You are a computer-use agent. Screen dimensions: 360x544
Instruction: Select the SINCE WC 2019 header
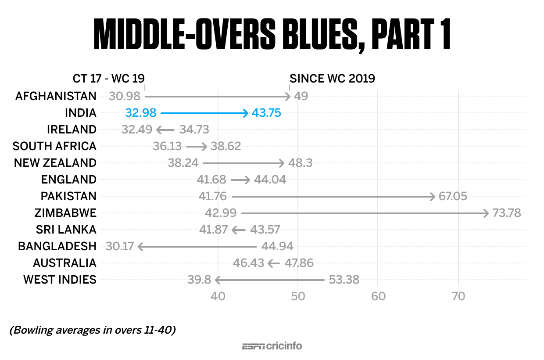pos(332,79)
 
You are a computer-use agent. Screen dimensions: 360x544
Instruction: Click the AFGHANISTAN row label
pos(56,96)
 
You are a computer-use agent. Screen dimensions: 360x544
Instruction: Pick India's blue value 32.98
pos(141,113)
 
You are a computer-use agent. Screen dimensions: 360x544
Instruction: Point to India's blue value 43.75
pos(266,113)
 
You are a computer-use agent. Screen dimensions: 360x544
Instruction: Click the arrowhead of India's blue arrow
pos(246,113)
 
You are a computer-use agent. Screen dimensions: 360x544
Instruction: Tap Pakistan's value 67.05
pos(453,196)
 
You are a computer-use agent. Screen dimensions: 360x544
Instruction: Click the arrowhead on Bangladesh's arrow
pos(140,247)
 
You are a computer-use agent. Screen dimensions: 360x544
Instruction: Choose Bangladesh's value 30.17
pos(119,246)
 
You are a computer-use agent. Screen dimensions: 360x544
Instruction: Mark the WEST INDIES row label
pos(60,280)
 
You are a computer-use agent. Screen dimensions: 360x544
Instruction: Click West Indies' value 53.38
pos(344,280)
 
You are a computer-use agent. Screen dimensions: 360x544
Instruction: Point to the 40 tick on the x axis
pos(218,296)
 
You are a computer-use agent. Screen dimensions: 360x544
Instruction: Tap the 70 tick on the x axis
pos(458,296)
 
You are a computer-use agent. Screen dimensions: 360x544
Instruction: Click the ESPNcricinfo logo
pos(272,346)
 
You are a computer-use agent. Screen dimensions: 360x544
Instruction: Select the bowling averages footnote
pos(93,330)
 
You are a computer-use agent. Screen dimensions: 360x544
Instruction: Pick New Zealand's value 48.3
pos(300,163)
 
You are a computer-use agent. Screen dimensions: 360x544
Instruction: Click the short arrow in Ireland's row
pos(165,130)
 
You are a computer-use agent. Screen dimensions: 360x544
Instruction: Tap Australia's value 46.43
pos(248,263)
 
